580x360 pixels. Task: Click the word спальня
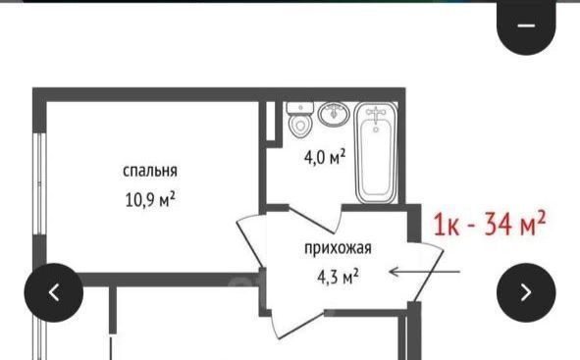click(x=150, y=171)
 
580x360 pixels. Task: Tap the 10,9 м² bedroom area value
click(x=150, y=200)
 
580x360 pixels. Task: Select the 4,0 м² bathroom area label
click(x=325, y=157)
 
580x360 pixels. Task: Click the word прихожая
click(x=338, y=248)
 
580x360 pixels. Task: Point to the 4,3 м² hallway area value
click(x=338, y=276)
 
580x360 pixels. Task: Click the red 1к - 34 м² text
click(x=489, y=224)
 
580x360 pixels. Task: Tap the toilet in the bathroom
click(x=300, y=120)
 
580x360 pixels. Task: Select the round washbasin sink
click(x=334, y=114)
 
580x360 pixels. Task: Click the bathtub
click(x=376, y=153)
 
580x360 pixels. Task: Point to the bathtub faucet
click(x=376, y=115)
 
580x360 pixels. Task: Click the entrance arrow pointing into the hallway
click(x=425, y=272)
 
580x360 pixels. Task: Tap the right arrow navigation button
click(x=526, y=292)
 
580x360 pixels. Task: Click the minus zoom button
click(x=526, y=26)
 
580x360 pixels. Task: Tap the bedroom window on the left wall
click(x=39, y=183)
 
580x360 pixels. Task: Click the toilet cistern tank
click(x=300, y=108)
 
